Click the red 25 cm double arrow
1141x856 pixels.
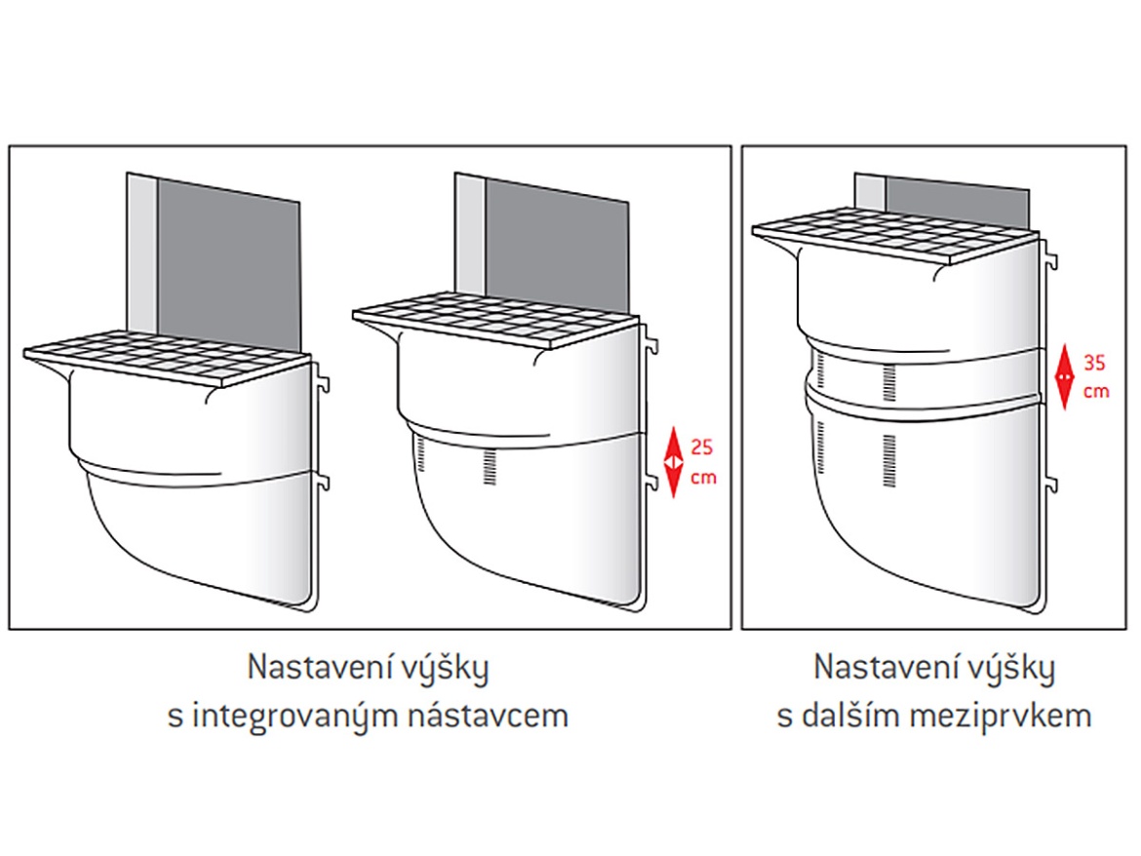click(672, 462)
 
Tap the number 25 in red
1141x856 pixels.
click(701, 448)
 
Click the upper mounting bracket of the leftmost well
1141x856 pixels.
click(323, 377)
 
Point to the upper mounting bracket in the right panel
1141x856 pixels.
click(1050, 257)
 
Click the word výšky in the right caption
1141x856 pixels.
click(1014, 670)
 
